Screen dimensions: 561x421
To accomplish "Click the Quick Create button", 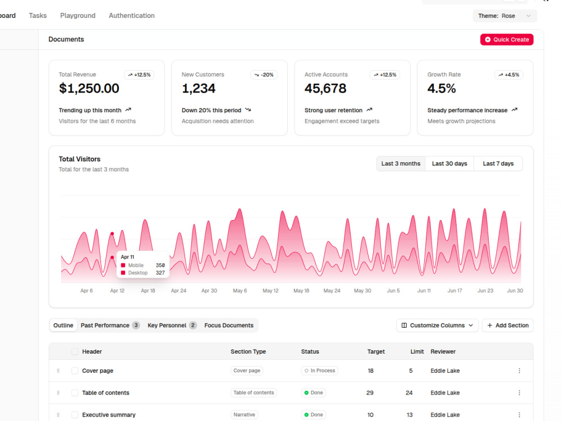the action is tap(507, 39).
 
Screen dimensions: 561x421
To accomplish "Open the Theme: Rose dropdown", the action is tap(504, 16).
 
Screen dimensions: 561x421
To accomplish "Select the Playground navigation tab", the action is tap(77, 15).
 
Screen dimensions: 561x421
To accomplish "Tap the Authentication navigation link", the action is tap(132, 15).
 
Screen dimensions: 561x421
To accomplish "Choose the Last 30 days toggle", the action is tap(449, 163).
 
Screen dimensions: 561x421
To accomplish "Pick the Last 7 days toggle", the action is tap(498, 163).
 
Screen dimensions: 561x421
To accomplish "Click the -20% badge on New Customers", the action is tap(264, 75).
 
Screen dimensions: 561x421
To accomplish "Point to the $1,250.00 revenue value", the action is tap(89, 89).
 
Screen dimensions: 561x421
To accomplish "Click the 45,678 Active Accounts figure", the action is tap(325, 89).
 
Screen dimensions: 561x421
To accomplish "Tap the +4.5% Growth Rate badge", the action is tap(509, 75).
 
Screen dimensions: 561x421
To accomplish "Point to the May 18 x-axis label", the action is tap(301, 291).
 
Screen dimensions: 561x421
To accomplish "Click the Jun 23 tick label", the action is tap(485, 291).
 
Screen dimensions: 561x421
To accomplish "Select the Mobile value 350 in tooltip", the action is tap(160, 266).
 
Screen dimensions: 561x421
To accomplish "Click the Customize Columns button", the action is tap(437, 326).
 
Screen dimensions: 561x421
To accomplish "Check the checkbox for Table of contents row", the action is tap(75, 393).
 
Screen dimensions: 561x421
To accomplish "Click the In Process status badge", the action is tap(320, 370).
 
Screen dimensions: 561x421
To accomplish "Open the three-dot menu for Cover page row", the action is tap(519, 370).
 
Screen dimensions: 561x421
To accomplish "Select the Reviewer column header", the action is tap(443, 351).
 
